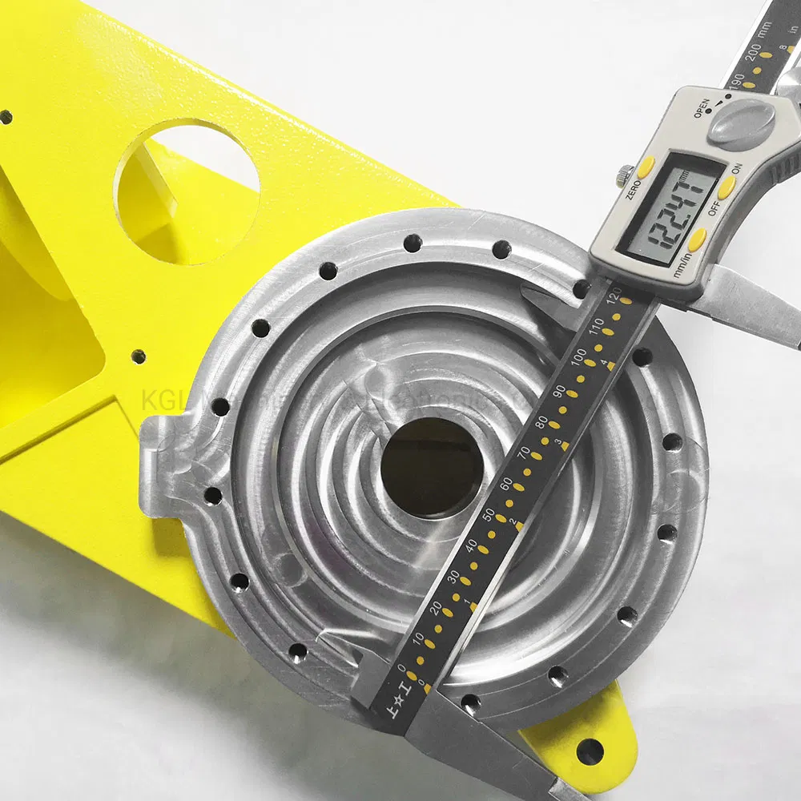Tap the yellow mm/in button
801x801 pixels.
pos(698,237)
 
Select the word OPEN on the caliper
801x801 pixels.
pos(702,107)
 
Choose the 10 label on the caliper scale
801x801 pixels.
pos(417,638)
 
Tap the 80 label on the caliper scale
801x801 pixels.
pos(541,424)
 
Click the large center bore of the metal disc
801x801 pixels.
pos(432,467)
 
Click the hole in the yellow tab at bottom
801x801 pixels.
pos(590,751)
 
